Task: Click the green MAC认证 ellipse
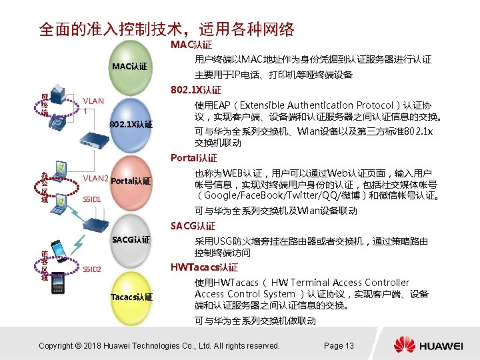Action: tap(129, 66)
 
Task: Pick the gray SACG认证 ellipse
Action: tap(131, 239)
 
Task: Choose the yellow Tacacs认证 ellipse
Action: tap(131, 296)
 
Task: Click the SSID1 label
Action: tap(91, 199)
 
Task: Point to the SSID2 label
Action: tap(91, 269)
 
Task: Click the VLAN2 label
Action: tap(95, 179)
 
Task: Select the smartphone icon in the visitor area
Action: tap(59, 250)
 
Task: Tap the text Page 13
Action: tap(339, 345)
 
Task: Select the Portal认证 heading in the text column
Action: tap(194, 158)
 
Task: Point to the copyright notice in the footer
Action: tap(159, 345)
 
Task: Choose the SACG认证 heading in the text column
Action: tap(193, 225)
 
